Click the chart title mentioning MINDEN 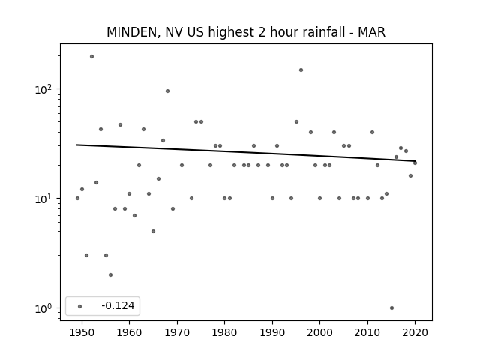[x=246, y=32]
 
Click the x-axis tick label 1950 [x=82, y=332]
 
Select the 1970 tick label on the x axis [x=177, y=332]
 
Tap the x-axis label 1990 [x=272, y=332]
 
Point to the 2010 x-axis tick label [x=367, y=332]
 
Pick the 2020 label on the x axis [x=415, y=332]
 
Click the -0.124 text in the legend [x=118, y=305]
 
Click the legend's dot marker [x=80, y=306]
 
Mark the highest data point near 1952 [x=91, y=57]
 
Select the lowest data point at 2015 [x=391, y=308]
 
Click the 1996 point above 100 [x=301, y=70]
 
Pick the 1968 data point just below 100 [x=168, y=91]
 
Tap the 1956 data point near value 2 [x=110, y=275]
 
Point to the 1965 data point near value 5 [x=153, y=232]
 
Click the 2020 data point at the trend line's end [x=415, y=163]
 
